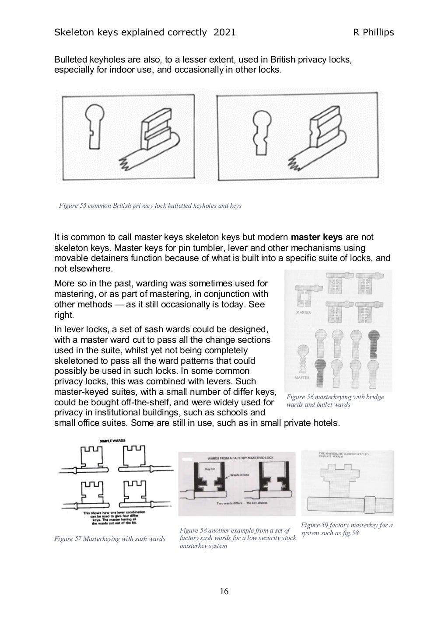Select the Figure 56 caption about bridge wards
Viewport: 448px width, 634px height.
(335, 401)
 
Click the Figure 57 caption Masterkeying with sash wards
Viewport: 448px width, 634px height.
(109, 539)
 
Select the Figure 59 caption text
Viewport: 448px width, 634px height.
(346, 529)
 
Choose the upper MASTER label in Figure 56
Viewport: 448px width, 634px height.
(303, 313)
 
